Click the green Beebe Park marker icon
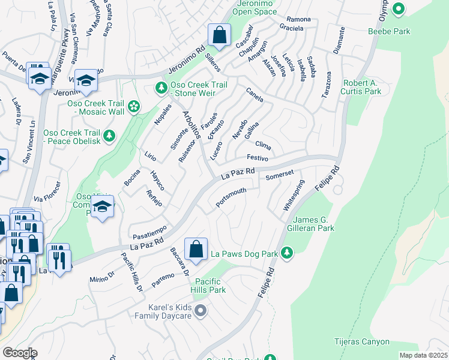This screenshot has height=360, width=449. coord(398,8)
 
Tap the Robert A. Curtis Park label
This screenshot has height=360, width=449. coord(362,87)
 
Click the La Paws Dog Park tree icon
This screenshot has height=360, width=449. coord(288,253)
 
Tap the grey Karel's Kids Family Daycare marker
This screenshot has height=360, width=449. coord(201,310)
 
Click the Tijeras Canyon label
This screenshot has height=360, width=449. coord(361,342)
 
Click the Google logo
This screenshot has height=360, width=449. coord(20,352)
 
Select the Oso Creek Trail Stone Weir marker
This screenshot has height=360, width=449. coord(161,88)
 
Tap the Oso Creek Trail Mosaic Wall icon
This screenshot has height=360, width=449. coord(134,107)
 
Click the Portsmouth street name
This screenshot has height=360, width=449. coord(231,199)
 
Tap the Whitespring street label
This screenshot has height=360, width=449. coord(294,195)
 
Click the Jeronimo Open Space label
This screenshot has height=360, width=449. coord(249,7)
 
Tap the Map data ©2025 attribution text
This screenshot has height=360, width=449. coord(423,355)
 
